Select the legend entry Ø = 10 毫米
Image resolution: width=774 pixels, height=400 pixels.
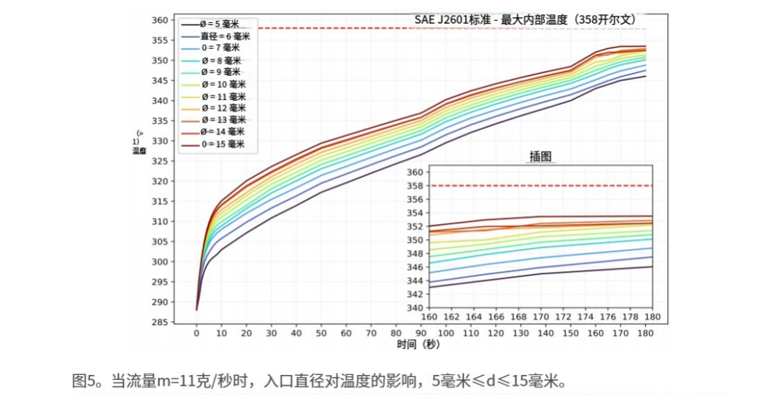[x=223, y=84]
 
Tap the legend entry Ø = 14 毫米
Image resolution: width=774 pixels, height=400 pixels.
[x=223, y=132]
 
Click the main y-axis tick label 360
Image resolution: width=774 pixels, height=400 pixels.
[x=162, y=19]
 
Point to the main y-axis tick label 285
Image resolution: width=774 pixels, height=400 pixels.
[x=162, y=322]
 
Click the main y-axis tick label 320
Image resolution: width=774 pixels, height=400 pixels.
[x=162, y=181]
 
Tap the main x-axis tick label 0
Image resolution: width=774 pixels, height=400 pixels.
[x=196, y=333]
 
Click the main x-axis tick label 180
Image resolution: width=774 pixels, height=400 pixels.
[x=645, y=333]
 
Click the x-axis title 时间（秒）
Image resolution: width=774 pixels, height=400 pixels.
[x=419, y=345]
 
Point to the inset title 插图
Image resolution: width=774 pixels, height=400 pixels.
[x=540, y=157]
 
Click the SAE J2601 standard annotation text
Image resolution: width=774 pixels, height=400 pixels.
[x=525, y=20]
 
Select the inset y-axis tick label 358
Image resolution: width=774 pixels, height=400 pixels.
[x=415, y=186]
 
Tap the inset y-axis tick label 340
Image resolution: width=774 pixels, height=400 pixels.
[x=415, y=308]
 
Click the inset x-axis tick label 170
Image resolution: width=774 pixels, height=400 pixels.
[x=540, y=317]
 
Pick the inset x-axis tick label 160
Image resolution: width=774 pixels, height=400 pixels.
[x=429, y=317]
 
